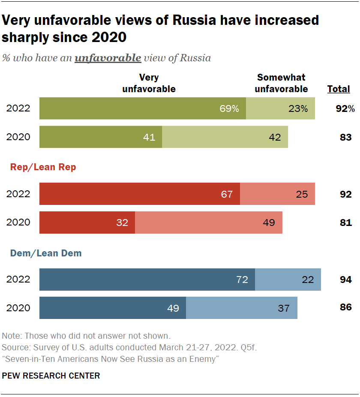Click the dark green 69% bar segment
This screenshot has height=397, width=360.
tap(142, 108)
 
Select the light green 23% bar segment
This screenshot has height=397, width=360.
tap(280, 108)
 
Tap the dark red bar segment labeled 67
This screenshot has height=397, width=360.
tap(139, 194)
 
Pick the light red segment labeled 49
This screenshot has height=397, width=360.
tap(209, 222)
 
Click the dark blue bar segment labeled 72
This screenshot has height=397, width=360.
tap(147, 280)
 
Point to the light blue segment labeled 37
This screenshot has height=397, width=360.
tap(242, 308)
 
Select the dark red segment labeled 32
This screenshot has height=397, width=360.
tap(87, 222)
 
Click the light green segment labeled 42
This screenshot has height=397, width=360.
tap(225, 137)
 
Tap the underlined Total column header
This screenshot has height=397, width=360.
tap(339, 89)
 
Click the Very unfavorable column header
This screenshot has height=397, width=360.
tap(149, 83)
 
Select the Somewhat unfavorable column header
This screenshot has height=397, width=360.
tap(281, 83)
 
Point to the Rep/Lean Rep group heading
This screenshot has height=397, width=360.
tap(43, 167)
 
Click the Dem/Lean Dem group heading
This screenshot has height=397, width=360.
tap(46, 253)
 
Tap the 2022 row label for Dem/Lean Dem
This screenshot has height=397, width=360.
tap(18, 280)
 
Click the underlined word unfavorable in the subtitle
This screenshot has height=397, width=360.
tap(108, 58)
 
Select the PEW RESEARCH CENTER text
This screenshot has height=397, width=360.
tap(51, 376)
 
